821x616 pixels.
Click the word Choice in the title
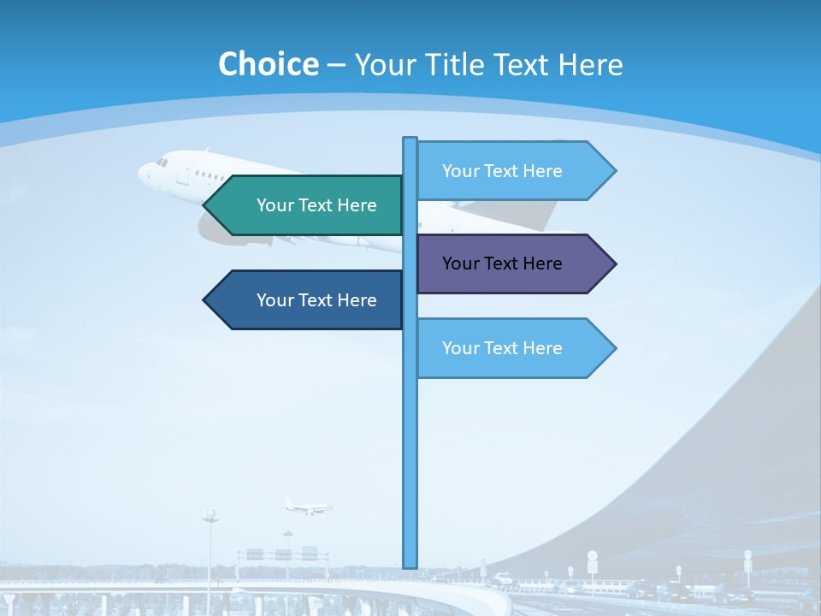tap(268, 64)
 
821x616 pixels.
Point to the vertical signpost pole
tap(410, 445)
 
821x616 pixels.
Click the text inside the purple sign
tap(502, 264)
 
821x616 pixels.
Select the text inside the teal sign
tap(316, 205)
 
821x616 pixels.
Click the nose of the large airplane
tap(142, 171)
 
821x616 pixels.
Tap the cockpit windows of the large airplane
tap(162, 161)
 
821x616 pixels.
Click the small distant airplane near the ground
tap(305, 506)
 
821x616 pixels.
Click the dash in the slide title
tap(336, 65)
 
